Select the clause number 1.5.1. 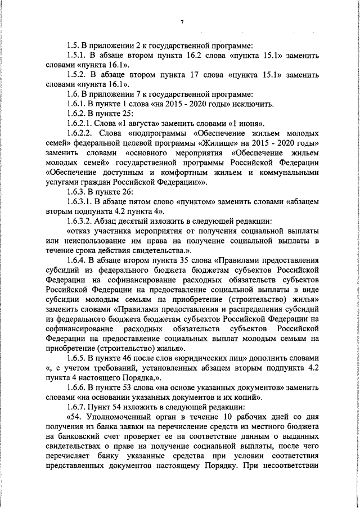(77, 56)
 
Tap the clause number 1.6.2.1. (80, 123)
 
